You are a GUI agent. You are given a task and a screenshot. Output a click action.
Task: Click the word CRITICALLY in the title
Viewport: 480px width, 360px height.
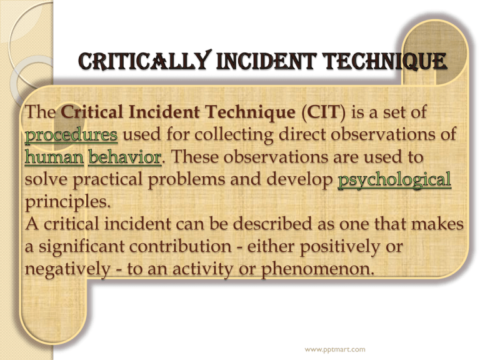[145, 60]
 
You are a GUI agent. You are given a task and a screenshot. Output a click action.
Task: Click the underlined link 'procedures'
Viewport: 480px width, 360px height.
[71, 135]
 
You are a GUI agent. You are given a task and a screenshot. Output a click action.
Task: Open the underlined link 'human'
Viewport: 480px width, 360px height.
[54, 157]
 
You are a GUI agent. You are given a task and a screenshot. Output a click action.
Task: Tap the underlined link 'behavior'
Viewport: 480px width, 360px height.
[125, 157]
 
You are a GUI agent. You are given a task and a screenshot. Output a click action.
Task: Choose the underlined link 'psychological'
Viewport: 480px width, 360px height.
[394, 180]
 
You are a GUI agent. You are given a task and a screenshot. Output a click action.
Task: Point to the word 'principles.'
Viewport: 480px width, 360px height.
[67, 202]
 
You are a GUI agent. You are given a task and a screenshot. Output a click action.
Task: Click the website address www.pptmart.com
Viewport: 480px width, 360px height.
[335, 349]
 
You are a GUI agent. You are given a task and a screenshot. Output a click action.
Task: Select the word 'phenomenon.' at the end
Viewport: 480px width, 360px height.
[317, 269]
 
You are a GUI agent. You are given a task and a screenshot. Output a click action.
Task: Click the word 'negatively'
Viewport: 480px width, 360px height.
[67, 269]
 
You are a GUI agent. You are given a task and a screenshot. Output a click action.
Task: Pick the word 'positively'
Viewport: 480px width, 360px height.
[340, 247]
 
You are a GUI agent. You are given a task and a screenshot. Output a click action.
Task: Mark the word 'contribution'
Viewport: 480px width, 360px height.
[180, 246]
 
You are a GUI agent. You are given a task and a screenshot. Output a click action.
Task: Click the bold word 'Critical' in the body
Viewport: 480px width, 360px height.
[92, 112]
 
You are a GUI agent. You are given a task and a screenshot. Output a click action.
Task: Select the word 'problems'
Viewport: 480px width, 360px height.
[187, 180]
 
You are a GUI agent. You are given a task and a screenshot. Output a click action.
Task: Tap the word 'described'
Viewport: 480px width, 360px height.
[272, 224]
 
